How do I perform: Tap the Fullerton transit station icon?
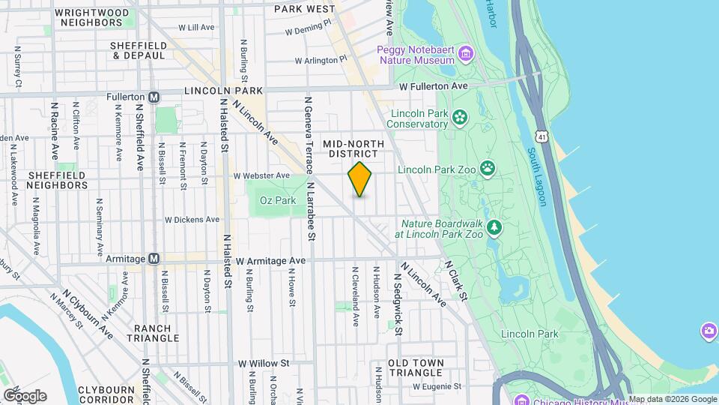(154, 97)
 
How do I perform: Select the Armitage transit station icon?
(154, 258)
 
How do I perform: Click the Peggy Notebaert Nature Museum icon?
(466, 52)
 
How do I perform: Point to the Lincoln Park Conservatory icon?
(458, 117)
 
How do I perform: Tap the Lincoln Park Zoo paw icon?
(488, 168)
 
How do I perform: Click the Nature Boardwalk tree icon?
(493, 227)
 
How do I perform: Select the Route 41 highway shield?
(541, 136)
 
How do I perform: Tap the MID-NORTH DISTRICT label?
(353, 148)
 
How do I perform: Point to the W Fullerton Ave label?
(433, 86)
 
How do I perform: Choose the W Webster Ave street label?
(261, 175)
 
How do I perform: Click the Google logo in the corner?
(25, 395)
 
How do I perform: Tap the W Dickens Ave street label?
(192, 220)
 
